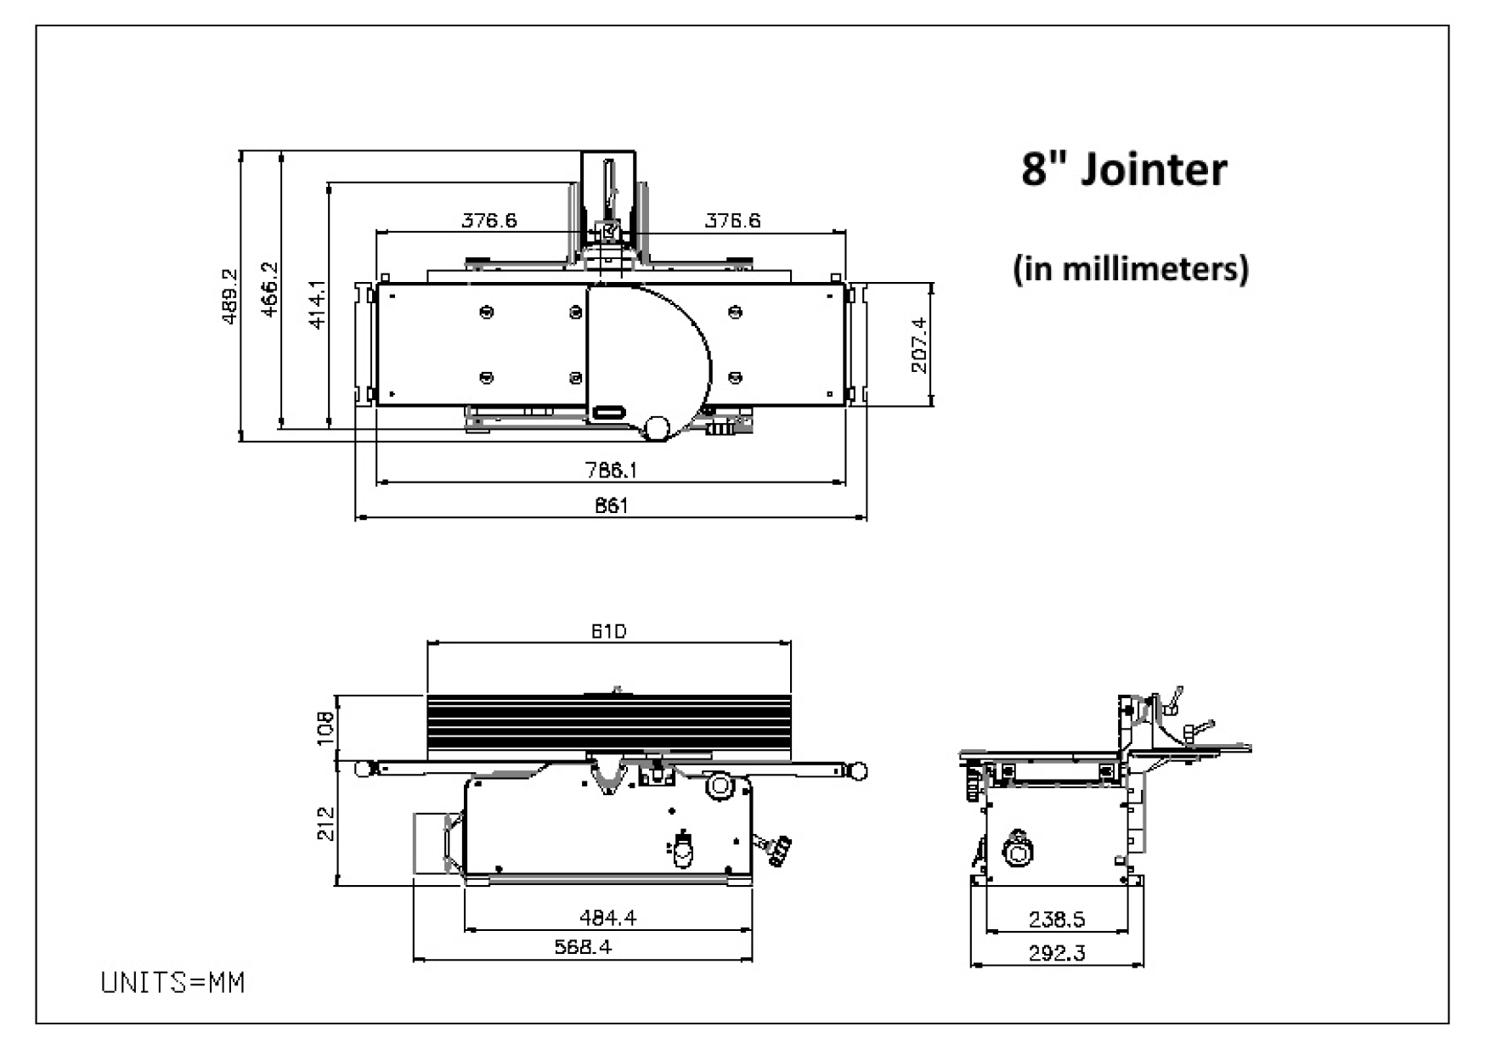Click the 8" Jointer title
point(1123,170)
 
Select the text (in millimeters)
point(1131,268)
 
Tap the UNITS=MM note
point(172,983)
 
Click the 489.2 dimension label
point(229,296)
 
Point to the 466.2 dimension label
point(269,289)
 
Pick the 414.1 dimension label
point(316,305)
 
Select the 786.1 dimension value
point(611,470)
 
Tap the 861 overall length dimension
point(611,506)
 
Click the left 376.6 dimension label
point(488,221)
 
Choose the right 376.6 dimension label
point(732,221)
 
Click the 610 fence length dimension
point(608,631)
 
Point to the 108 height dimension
point(326,727)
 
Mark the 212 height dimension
point(326,823)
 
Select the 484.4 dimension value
point(607,917)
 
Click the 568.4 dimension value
point(583,946)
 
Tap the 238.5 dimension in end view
point(1056,919)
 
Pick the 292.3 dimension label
point(1056,953)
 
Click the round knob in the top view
point(657,427)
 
